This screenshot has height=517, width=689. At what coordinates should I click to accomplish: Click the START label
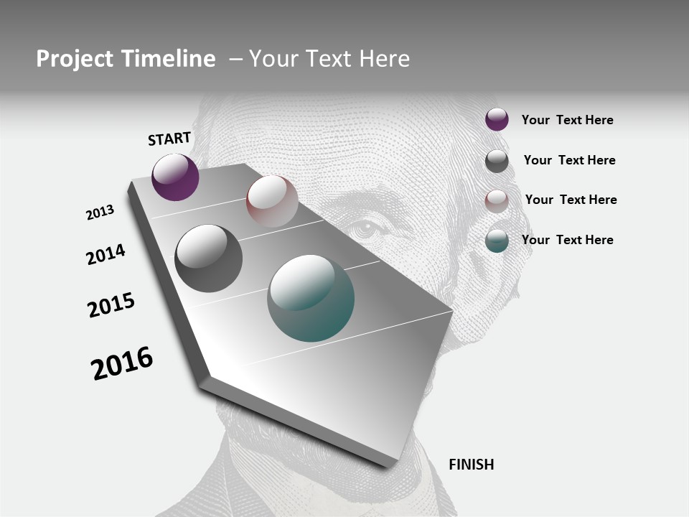169,139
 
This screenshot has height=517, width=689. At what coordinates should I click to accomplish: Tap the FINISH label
471,465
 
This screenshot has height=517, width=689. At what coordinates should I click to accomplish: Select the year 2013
100,213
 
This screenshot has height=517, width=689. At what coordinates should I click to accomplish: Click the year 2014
106,254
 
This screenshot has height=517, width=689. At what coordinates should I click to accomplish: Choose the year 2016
122,363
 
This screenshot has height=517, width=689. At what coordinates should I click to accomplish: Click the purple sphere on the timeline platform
175,177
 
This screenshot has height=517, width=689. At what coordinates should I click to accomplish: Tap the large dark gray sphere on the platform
208,258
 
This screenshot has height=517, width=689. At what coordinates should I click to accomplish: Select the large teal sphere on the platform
311,298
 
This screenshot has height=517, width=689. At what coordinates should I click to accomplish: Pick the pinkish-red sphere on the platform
272,201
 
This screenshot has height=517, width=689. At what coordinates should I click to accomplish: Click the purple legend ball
497,119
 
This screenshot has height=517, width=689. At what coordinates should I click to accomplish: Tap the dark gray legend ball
497,161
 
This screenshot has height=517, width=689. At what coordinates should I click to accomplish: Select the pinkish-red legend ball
497,201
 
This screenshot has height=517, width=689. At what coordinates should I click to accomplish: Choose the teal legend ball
497,241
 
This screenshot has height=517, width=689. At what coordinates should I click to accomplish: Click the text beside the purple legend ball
567,120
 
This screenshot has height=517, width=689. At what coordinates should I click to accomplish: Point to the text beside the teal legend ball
567,240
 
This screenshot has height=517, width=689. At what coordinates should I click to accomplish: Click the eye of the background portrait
367,229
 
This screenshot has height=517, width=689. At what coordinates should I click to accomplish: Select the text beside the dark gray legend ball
569,160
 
